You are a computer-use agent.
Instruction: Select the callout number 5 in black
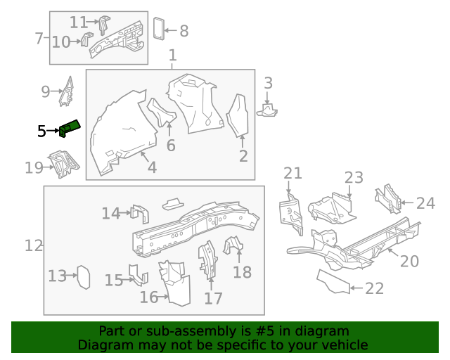click(41, 131)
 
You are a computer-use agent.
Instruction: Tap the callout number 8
click(184, 31)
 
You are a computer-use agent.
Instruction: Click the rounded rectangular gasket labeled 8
click(159, 28)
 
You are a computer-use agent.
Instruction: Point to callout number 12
click(34, 246)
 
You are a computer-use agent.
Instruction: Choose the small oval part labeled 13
click(83, 276)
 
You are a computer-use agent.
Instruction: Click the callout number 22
click(375, 288)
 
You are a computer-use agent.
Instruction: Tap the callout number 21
click(292, 174)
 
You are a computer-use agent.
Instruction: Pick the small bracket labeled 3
click(268, 109)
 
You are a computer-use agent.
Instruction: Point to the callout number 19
click(34, 167)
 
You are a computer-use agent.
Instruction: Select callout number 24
click(425, 204)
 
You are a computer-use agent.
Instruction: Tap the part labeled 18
click(233, 245)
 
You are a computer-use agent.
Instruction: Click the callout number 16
click(148, 297)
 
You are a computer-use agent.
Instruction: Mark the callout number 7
click(39, 39)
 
